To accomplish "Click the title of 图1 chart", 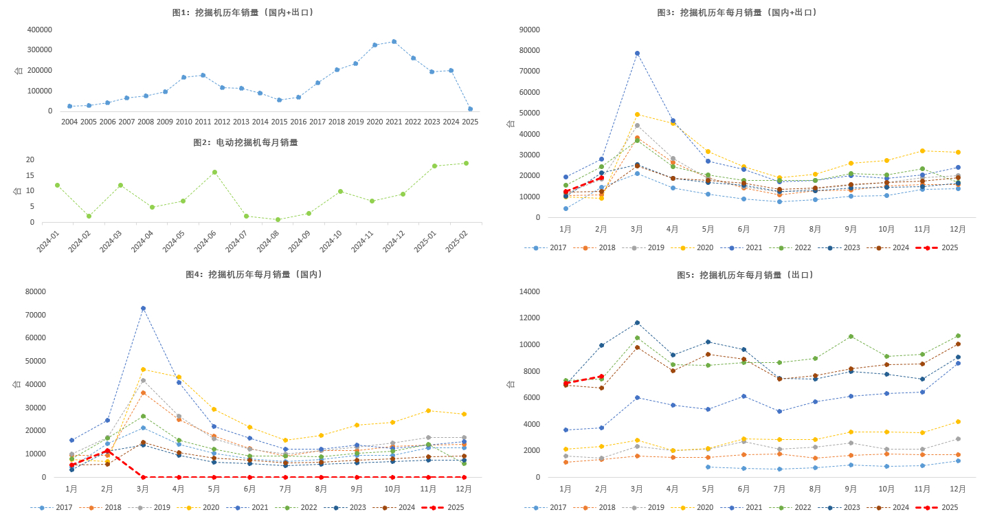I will click(244, 12).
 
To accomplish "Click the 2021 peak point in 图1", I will click(394, 41).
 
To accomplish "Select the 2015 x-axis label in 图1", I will click(279, 122).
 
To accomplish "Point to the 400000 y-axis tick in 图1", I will click(40, 30).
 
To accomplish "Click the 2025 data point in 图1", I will click(470, 109).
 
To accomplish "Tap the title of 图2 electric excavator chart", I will click(245, 142).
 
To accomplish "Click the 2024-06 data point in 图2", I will click(214, 172).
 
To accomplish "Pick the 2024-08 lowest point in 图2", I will click(278, 219).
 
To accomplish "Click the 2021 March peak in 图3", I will click(637, 53).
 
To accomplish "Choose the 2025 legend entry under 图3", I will click(941, 247).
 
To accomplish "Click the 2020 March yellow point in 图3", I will click(637, 114).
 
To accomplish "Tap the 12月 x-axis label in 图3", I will click(957, 229).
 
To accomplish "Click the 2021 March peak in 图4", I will click(143, 308).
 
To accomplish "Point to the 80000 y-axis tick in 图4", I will click(34, 291).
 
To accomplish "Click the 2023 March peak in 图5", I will click(637, 322).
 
